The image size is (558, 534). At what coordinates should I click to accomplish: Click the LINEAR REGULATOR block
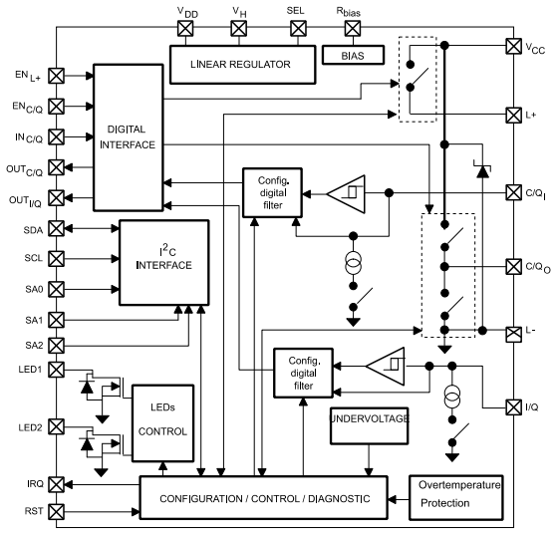click(x=230, y=65)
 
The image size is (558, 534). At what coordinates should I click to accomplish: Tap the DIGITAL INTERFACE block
click(x=129, y=137)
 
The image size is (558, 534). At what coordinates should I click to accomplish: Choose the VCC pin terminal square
click(x=512, y=46)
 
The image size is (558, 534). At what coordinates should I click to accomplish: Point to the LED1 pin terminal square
click(x=55, y=371)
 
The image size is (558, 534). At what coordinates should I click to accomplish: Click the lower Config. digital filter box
click(x=302, y=373)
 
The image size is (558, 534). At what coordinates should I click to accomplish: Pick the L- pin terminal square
click(x=512, y=329)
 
